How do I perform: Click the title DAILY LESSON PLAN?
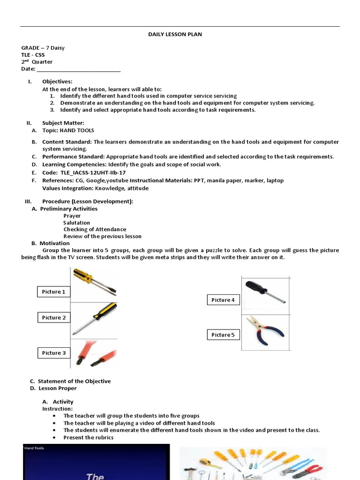[x=169, y=34]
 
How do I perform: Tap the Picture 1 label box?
[x=54, y=292]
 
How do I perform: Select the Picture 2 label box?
[x=54, y=318]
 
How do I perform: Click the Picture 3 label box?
[x=54, y=353]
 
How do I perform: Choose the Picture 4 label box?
[x=223, y=300]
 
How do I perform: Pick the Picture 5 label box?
[x=223, y=335]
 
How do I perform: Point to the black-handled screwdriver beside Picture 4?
[x=265, y=291]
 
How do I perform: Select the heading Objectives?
[x=57, y=82]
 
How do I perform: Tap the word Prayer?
[x=72, y=216]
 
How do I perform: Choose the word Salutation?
[x=77, y=223]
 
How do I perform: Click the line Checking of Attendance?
[x=95, y=229]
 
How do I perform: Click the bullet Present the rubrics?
[x=89, y=437]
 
